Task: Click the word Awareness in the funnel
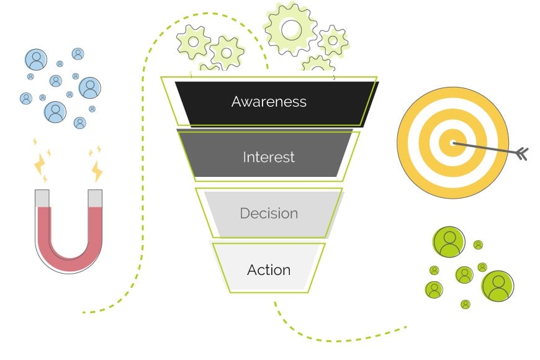pyautogui.click(x=269, y=101)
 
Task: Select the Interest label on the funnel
pyautogui.click(x=269, y=157)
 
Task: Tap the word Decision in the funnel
pyautogui.click(x=269, y=213)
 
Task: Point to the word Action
pyautogui.click(x=269, y=270)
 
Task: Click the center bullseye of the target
pyautogui.click(x=451, y=143)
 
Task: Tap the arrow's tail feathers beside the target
pyautogui.click(x=521, y=153)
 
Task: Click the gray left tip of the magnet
pyautogui.click(x=43, y=198)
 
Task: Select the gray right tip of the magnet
pyautogui.click(x=95, y=198)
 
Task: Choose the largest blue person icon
pyautogui.click(x=55, y=112)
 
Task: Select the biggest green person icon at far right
pyautogui.click(x=498, y=286)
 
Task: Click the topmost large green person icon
pyautogui.click(x=448, y=242)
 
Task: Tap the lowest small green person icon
pyautogui.click(x=466, y=304)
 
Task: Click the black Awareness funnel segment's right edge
pyautogui.click(x=370, y=102)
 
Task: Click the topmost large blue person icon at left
pyautogui.click(x=36, y=60)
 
